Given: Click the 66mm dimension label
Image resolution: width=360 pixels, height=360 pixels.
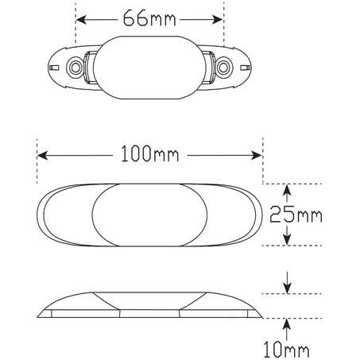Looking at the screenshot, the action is [x=149, y=17].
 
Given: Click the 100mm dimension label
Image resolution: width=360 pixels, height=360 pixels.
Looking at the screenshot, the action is [x=150, y=154].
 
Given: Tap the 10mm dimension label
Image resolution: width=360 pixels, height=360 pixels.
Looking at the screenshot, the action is [x=286, y=350].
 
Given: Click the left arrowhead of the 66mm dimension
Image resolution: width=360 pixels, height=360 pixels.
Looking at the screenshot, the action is [x=81, y=20].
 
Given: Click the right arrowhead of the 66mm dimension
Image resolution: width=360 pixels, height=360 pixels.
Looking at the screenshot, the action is [x=218, y=20].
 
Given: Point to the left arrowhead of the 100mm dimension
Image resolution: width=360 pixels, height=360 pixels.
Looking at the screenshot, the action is [x=42, y=156].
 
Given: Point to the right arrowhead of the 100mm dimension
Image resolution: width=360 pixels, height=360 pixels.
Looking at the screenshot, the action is [x=257, y=156].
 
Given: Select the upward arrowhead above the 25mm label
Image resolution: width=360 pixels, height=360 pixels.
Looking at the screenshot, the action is [x=287, y=190].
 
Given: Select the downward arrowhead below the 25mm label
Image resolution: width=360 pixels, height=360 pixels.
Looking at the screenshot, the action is [x=287, y=239].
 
